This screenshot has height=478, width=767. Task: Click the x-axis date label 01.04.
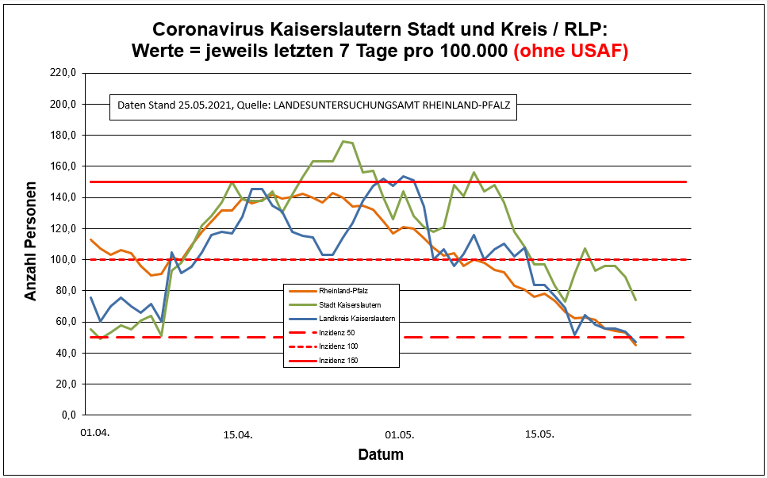[94, 434]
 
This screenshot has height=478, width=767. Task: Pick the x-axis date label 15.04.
[237, 434]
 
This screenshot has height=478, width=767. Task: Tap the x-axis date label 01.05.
[399, 434]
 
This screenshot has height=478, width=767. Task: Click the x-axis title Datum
[381, 455]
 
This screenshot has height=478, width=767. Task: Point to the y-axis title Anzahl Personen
[31, 244]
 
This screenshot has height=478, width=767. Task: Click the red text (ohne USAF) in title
[571, 52]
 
